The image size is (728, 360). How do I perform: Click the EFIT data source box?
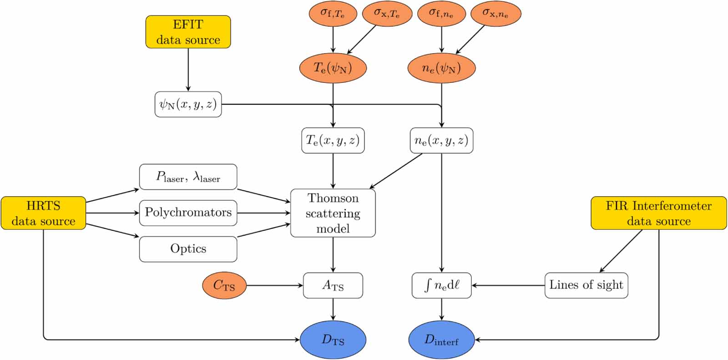coord(188,32)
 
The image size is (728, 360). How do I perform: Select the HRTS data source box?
coord(43,213)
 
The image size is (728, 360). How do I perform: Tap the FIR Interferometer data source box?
coord(658,213)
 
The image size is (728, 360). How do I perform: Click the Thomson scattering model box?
coord(333,213)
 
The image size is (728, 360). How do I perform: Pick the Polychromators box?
coord(188,213)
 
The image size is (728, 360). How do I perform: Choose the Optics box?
coord(188,249)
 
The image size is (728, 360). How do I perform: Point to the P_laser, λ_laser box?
coord(188,177)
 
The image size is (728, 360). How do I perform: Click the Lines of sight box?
coord(586,285)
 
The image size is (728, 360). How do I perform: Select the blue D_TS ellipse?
coord(333,340)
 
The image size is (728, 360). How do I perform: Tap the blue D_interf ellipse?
coord(441,340)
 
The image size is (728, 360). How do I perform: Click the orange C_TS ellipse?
coord(224,285)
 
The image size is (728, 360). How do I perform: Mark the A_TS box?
coord(333,285)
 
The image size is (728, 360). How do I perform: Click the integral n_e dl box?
coord(441,285)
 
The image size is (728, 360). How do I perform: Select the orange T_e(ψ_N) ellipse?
coord(333,68)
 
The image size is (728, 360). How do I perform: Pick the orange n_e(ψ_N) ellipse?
coord(441,68)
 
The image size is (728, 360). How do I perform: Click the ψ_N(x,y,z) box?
coord(188,104)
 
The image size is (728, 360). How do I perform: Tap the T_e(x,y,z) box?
coord(333,140)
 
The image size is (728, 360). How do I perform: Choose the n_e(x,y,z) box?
coord(441,140)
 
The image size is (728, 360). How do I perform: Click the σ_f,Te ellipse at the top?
coord(333,13)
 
